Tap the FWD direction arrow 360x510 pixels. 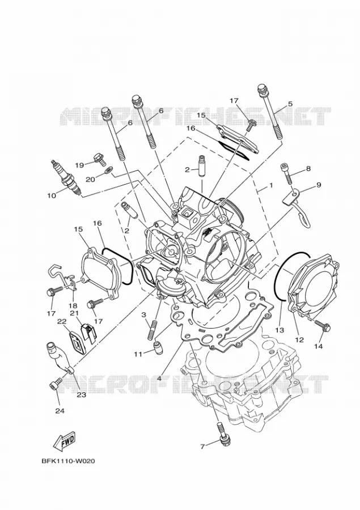pos(64,442)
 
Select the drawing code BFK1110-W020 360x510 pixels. pos(69,461)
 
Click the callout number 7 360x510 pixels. pos(202,447)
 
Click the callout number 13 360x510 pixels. pos(279,330)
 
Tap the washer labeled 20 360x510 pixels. pos(109,170)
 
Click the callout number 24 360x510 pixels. pos(60,411)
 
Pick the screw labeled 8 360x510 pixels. pos(286,172)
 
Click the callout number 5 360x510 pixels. pos(290,104)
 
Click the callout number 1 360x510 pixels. pos(270,185)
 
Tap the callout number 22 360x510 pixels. pos(62,322)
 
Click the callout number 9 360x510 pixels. pos(319,185)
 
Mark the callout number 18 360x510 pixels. pos(73,305)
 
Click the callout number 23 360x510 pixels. pos(81,395)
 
